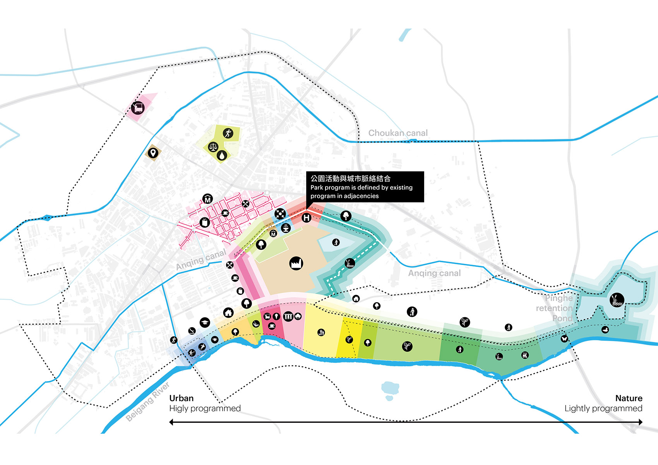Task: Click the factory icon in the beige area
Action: pos(296,263)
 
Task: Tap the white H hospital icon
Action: pos(307,218)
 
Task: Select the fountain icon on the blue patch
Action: pos(286,228)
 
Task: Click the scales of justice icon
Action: pos(213,147)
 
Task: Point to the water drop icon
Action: pos(221,156)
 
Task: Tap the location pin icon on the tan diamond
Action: pos(153,153)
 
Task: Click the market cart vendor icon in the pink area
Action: pos(138,107)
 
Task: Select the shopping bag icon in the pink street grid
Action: pos(205,222)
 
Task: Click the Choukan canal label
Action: pos(398,133)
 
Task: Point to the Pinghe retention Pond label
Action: pos(555,308)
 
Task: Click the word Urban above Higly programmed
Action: pos(181,398)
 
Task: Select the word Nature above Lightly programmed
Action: pos(629,398)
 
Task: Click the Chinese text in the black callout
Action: pos(350,178)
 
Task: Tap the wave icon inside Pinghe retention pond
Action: pos(617,299)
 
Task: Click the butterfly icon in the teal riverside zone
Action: pos(564,338)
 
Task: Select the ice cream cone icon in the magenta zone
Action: pos(276,316)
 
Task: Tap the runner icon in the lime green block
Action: pos(228,133)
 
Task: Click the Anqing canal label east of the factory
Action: pos(434,273)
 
